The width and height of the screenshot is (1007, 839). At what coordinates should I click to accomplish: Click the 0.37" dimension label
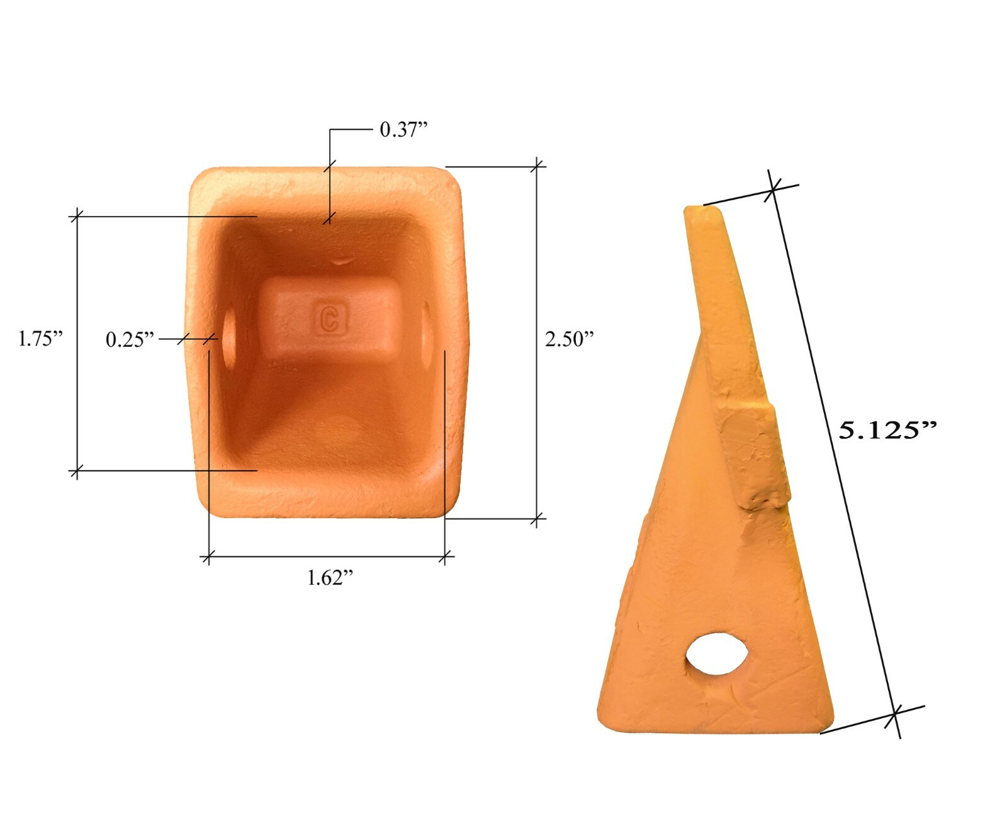coord(403,130)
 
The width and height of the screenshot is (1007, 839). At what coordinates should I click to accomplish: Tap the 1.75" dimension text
coord(40,339)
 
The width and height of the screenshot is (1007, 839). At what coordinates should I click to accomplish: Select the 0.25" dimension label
coord(130,340)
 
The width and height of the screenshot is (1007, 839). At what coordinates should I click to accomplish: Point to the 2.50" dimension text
coord(569,339)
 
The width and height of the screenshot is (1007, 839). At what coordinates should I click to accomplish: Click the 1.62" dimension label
coord(330,577)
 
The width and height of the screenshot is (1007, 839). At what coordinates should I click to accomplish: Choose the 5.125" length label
coord(887,431)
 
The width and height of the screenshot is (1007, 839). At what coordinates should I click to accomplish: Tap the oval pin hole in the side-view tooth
coord(717,655)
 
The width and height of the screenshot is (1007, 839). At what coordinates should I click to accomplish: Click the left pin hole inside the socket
coord(229,336)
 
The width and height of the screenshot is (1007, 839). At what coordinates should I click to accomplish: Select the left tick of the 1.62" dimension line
coord(208,556)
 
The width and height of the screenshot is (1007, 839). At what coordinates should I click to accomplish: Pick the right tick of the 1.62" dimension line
coord(445,556)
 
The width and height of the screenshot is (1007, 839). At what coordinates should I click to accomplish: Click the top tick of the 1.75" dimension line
coord(77,216)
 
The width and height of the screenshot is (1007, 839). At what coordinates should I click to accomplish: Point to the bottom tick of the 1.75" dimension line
coord(77,470)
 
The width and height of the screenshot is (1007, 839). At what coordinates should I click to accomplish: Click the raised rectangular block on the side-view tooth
coord(754,456)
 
